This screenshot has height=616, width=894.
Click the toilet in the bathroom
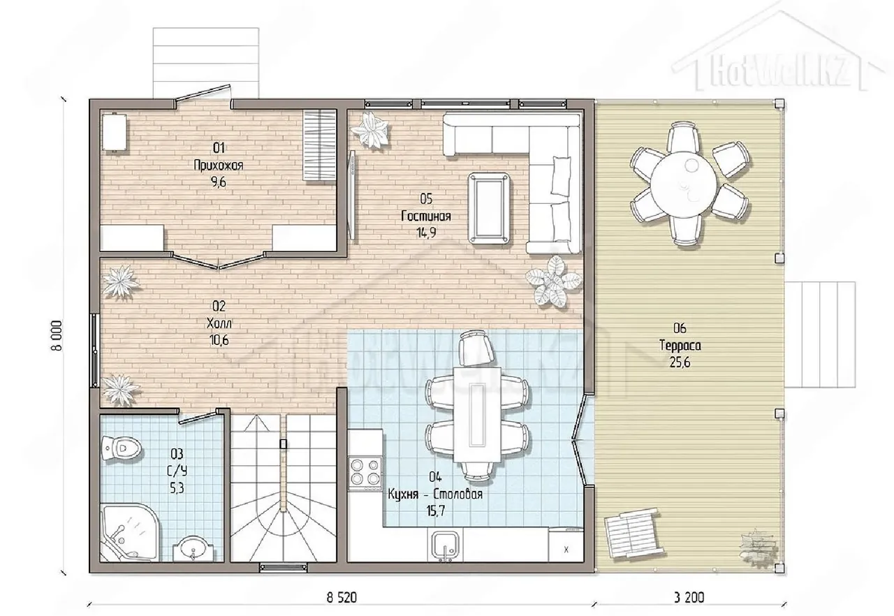click(x=122, y=449)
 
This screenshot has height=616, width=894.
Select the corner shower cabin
click(x=129, y=534)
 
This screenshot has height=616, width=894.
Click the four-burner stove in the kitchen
click(x=365, y=474)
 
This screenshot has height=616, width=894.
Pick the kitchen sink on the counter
click(x=446, y=545)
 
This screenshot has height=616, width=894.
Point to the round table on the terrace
click(x=683, y=184)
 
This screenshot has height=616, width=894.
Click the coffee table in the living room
click(x=489, y=208)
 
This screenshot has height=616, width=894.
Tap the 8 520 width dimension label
click(x=342, y=597)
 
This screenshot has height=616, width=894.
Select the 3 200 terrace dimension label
click(x=689, y=597)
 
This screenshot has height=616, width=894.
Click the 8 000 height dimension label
click(x=57, y=335)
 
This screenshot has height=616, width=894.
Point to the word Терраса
click(x=680, y=346)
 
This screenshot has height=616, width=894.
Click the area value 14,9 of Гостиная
click(x=426, y=233)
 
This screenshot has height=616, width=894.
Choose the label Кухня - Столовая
click(x=435, y=494)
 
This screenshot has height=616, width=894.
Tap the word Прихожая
click(x=219, y=165)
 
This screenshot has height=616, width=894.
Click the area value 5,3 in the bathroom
click(x=177, y=488)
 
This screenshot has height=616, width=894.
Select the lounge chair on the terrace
click(x=634, y=534)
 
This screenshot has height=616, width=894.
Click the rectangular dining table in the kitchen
click(x=477, y=414)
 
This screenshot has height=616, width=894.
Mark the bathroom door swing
click(x=199, y=416)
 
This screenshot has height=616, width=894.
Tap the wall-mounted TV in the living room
click(x=352, y=195)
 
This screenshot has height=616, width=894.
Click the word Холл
click(x=219, y=323)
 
